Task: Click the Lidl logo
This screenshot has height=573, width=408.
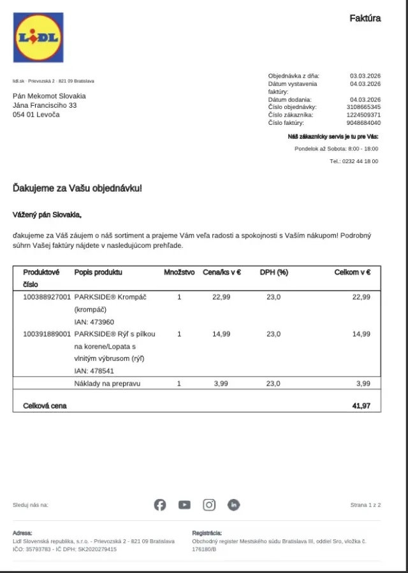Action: pos(38,38)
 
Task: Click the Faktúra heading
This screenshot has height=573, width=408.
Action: pos(365,18)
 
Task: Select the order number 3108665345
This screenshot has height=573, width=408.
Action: pos(363,107)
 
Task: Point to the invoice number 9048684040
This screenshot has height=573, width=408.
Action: pos(363,123)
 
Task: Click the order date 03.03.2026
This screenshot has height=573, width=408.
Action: pos(365,75)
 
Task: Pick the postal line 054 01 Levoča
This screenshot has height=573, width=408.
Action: pos(36,115)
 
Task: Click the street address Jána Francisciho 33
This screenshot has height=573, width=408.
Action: pos(45,105)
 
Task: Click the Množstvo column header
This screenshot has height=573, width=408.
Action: pos(179,272)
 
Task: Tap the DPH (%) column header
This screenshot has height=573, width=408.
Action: pos(273,272)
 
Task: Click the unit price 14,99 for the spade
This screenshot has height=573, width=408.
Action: pos(221,334)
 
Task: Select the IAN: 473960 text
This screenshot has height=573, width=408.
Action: pos(94,322)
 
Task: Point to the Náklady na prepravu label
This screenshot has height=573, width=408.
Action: pos(107,384)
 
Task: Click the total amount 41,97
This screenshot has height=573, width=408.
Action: pos(361,405)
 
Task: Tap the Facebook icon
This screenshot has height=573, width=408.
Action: pos(160,505)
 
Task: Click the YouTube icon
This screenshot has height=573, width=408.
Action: pos(184,505)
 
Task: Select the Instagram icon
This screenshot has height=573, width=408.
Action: pos(209,505)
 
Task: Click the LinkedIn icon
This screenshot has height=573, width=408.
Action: pos(234,505)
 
